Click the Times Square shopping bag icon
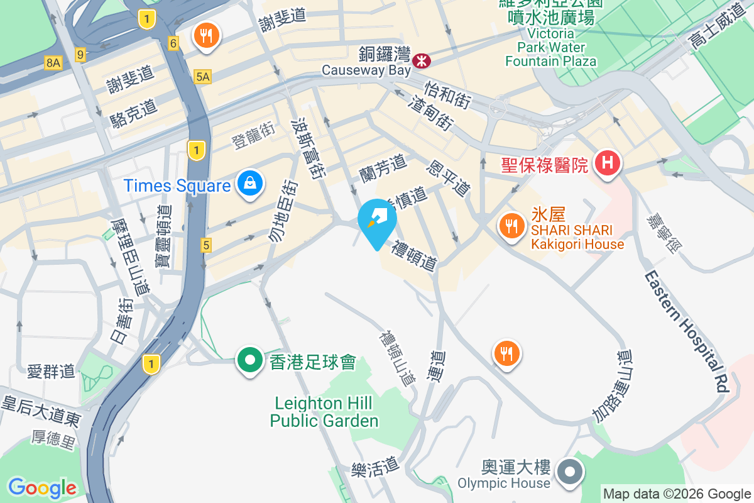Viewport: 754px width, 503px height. point(250,184)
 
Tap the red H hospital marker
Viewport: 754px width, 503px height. point(607,163)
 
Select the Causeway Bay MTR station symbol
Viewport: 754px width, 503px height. point(421,60)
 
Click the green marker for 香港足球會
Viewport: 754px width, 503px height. point(250,361)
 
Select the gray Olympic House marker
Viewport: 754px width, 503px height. point(571,471)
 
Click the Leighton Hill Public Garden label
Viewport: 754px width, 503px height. point(324,412)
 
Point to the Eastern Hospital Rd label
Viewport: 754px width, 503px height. point(685,331)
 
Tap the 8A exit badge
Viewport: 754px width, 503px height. point(53,62)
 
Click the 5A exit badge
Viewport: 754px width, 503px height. point(203,77)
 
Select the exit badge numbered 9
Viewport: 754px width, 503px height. point(80,55)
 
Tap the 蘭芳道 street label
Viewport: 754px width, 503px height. point(383,168)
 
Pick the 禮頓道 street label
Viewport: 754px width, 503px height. point(414,255)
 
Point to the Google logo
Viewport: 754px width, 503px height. point(42,488)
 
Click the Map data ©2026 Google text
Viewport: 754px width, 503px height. point(677,494)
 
